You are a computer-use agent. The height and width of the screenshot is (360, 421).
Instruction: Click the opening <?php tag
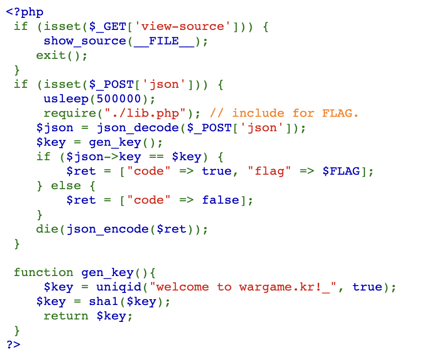(x=25, y=12)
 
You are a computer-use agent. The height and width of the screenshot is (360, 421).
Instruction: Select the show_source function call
(x=85, y=41)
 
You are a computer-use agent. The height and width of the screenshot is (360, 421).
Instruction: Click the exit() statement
(x=61, y=55)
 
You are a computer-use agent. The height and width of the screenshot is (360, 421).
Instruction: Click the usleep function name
(x=66, y=99)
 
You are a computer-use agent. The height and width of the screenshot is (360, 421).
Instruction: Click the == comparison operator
(x=155, y=157)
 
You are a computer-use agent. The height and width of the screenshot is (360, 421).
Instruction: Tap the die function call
(x=47, y=229)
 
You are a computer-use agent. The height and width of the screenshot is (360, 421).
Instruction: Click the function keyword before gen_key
(x=43, y=273)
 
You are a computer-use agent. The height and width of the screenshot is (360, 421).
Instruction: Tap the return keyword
(x=66, y=316)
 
